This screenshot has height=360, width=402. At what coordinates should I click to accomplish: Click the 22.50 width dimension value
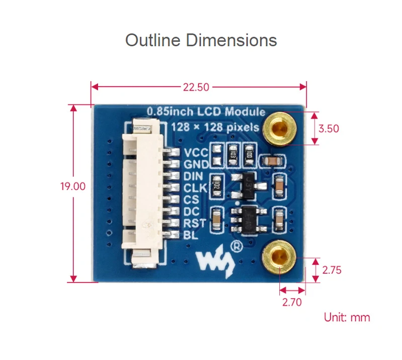[x=196, y=87]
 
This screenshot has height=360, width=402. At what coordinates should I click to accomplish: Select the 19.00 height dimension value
[x=73, y=186]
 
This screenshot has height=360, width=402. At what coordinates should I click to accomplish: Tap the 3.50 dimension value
[x=329, y=129]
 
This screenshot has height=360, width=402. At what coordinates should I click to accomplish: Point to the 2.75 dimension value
[x=332, y=270]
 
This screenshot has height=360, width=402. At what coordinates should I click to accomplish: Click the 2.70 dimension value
[x=292, y=302]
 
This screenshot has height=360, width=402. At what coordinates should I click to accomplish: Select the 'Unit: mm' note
[x=347, y=317]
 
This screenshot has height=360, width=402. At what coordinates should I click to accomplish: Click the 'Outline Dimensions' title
[x=201, y=40]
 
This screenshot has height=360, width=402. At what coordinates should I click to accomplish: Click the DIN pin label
[x=193, y=176]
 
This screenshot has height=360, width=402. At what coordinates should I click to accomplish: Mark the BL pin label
[x=189, y=235]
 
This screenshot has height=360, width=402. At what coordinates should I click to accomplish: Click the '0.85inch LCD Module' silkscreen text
[x=205, y=111]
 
